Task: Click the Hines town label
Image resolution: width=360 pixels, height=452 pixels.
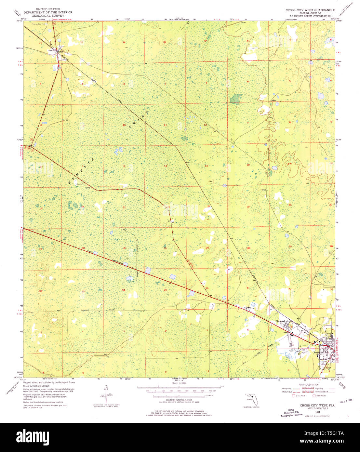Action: click(x=60, y=52)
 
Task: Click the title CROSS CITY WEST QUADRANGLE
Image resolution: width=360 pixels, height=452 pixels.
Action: click(x=310, y=10)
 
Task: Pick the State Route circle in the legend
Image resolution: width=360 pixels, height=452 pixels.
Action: click(x=314, y=396)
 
